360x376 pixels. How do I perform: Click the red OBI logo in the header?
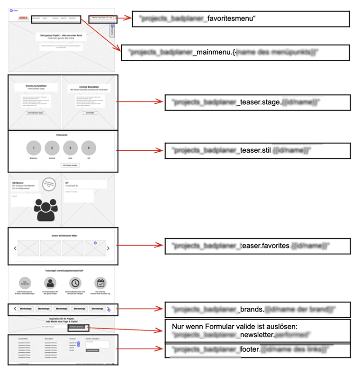tap(21, 18)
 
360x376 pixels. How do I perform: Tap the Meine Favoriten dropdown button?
tap(101, 18)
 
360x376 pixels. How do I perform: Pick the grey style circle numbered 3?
tap(70, 148)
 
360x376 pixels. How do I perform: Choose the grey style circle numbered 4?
tap(89, 148)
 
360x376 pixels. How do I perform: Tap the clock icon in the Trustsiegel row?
tap(76, 283)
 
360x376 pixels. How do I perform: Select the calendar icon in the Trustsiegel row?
tap(100, 283)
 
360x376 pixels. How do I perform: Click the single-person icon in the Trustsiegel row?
tap(52, 283)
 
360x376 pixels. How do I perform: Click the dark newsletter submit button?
tap(77, 327)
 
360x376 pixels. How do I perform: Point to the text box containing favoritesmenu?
tap(240, 19)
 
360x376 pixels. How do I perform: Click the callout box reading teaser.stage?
tap(257, 102)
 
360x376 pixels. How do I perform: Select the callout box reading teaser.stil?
tap(257, 150)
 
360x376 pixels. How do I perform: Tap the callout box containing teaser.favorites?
tap(257, 246)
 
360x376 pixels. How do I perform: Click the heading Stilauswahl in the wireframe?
tap(63, 135)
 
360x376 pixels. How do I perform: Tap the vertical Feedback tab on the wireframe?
tap(112, 31)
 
